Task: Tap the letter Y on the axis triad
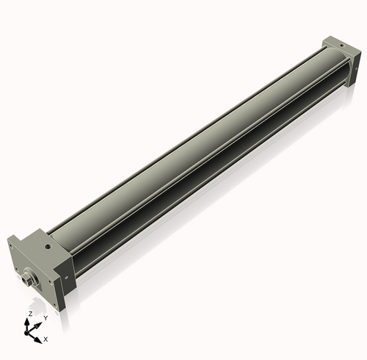(x=46, y=317)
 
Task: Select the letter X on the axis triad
(x=46, y=339)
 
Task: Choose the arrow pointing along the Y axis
(x=38, y=323)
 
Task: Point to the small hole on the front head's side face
(x=66, y=278)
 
